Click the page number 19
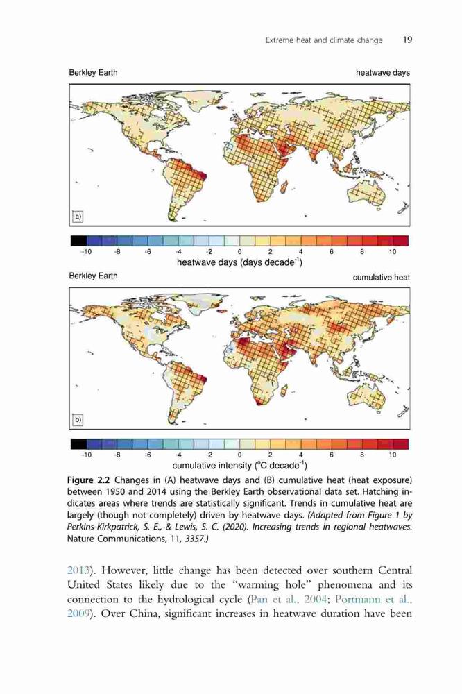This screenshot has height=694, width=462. click(x=407, y=40)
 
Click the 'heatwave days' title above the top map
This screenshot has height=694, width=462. click(x=383, y=73)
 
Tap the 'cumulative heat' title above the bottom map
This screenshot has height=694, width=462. click(x=381, y=278)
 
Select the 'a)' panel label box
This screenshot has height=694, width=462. click(x=78, y=217)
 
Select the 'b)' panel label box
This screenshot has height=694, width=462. click(x=78, y=420)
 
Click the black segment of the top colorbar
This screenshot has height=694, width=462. click(x=79, y=241)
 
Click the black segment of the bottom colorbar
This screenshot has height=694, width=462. click(x=79, y=444)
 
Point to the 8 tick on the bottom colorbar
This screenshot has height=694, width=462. click(x=362, y=455)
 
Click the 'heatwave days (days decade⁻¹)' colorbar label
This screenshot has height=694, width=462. click(x=239, y=262)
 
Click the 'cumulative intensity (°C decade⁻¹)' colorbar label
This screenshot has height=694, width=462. click(x=239, y=466)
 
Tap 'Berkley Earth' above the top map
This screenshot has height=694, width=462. click(x=93, y=73)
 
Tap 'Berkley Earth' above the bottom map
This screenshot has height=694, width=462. click(x=93, y=276)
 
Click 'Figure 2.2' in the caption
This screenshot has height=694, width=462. click(x=89, y=480)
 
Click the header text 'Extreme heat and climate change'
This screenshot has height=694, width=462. click(x=324, y=40)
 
